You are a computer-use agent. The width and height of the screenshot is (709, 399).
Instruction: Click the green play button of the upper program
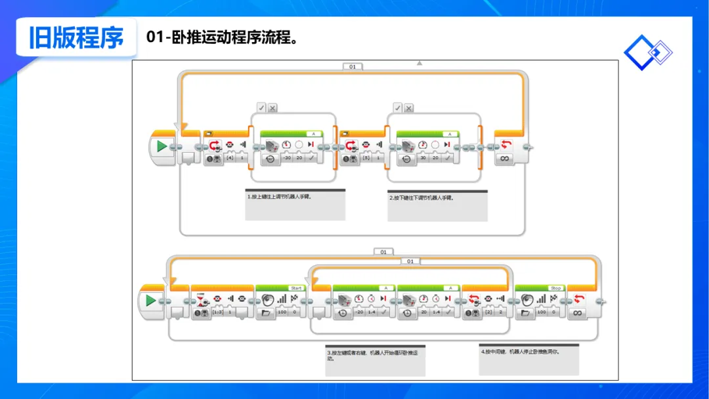pos(161,146)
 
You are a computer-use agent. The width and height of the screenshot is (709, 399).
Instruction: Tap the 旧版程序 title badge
pos(76,37)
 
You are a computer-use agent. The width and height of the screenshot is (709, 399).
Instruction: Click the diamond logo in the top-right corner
pos(648,52)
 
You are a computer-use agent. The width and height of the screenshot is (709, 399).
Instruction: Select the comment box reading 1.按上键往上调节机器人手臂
pos(295,205)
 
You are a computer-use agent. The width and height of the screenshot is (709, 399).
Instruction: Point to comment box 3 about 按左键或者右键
pos(375,360)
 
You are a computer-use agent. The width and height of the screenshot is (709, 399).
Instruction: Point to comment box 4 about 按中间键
pos(529,358)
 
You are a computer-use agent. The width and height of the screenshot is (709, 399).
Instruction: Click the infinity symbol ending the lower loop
pos(578,314)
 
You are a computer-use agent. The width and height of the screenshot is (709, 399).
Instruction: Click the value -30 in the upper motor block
pos(286,158)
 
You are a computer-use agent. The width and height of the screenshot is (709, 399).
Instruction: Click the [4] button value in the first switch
pos(230,158)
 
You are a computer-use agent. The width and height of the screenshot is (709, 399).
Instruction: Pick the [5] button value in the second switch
pos(366,158)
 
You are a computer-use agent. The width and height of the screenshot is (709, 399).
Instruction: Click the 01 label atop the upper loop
pos(353,66)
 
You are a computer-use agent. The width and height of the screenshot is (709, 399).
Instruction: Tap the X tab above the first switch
pos(272,108)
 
